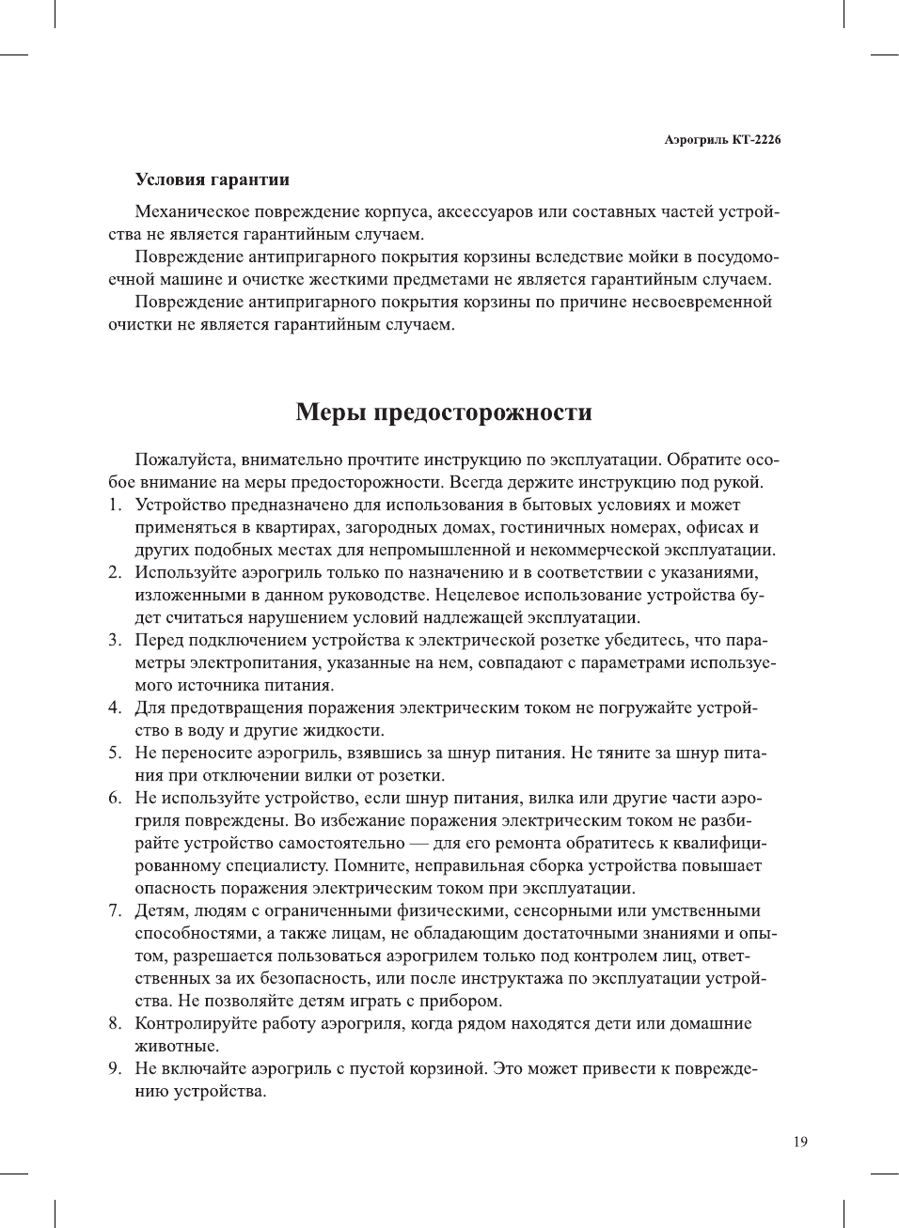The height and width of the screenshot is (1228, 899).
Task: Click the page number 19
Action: (x=799, y=1142)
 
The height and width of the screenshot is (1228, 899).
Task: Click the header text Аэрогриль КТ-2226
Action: (x=722, y=140)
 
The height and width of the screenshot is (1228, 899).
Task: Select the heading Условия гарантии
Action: (x=212, y=179)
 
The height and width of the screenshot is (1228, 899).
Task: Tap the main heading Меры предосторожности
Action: (x=444, y=412)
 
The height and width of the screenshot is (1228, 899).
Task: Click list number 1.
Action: (x=114, y=505)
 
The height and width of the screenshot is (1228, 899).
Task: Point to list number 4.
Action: (x=114, y=708)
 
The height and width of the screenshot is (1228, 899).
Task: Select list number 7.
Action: (x=114, y=911)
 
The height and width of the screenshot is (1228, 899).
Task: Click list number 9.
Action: (x=114, y=1069)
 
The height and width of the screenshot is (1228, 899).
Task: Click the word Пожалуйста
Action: (x=184, y=460)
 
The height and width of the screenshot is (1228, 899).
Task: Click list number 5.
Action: (x=114, y=754)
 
